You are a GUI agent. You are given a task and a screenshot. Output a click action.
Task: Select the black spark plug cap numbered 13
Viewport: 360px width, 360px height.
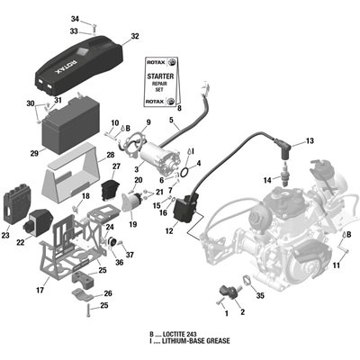283,148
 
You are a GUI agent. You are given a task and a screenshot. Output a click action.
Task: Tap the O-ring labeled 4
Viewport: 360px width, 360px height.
184,172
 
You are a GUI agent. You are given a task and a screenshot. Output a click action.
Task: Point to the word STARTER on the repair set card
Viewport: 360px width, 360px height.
160,76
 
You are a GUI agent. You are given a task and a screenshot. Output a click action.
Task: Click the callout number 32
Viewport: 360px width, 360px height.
135,36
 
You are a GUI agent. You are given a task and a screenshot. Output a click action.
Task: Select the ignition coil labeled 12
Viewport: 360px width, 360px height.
186,208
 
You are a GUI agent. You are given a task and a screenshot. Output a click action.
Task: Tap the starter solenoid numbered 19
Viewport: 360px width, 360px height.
134,201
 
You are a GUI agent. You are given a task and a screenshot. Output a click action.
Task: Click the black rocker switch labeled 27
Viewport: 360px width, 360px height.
110,190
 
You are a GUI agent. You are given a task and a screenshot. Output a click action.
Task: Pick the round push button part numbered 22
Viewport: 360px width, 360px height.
38,220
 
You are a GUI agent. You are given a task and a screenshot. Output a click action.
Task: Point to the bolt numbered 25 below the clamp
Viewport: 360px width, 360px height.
88,310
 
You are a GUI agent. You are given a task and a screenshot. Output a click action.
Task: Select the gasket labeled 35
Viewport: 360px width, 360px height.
247,280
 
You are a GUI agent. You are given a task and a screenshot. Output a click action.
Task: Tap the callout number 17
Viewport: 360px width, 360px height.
40,290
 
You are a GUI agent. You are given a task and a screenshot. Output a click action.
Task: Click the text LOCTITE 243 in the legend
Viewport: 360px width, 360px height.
179,335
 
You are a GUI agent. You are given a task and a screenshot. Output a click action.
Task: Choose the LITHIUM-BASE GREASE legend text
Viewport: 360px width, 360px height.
196,341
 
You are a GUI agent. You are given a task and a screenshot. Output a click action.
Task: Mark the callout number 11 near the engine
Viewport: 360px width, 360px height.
337,265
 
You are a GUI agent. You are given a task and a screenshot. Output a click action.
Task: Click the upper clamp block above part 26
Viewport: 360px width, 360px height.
84,278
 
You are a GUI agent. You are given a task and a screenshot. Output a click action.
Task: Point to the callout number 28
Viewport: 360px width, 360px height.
111,155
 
